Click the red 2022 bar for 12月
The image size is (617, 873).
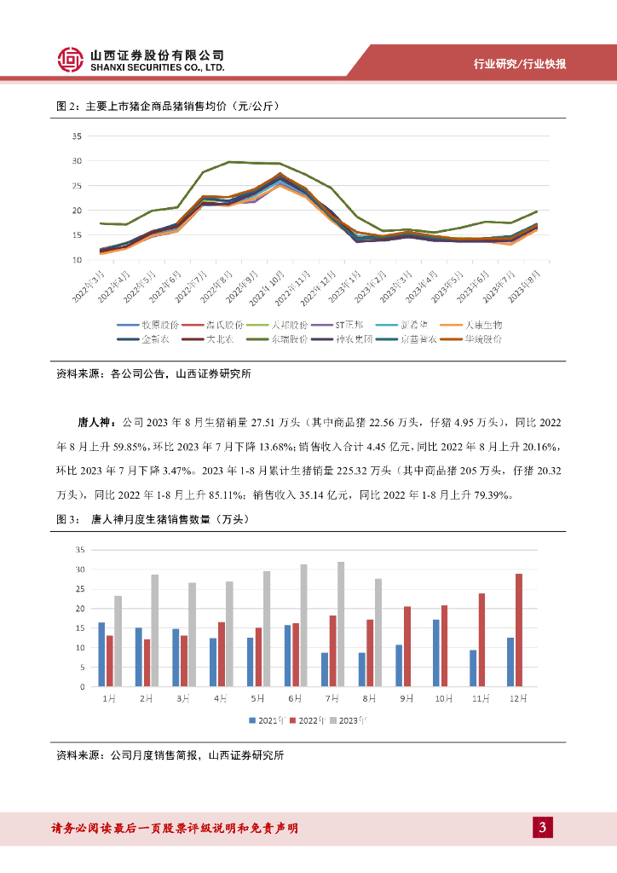[519, 630]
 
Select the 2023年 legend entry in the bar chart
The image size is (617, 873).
[351, 720]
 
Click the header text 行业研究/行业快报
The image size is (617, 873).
[520, 65]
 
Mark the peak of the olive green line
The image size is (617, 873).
[228, 161]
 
